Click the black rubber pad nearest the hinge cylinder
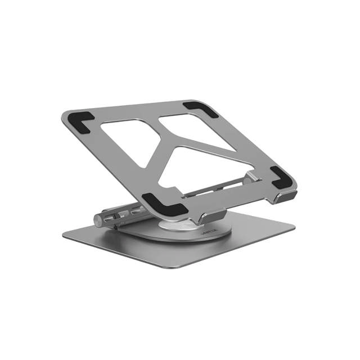point(164,204)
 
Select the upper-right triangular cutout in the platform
point(194,128)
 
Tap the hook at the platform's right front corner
point(286,197)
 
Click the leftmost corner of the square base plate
point(64,237)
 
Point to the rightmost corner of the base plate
point(294,228)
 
